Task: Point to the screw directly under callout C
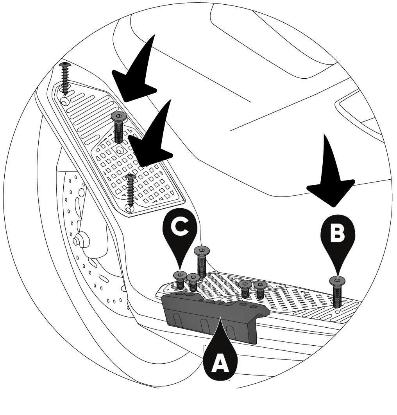(x=180, y=280)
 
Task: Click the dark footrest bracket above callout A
(x=215, y=315)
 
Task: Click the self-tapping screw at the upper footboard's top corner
(x=65, y=79)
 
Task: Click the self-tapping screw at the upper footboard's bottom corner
(x=130, y=189)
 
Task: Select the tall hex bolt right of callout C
(x=202, y=262)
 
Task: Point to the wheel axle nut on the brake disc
(x=81, y=240)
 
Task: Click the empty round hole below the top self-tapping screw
(x=65, y=101)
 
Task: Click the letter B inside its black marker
(x=338, y=233)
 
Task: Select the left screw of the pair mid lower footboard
(x=245, y=289)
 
